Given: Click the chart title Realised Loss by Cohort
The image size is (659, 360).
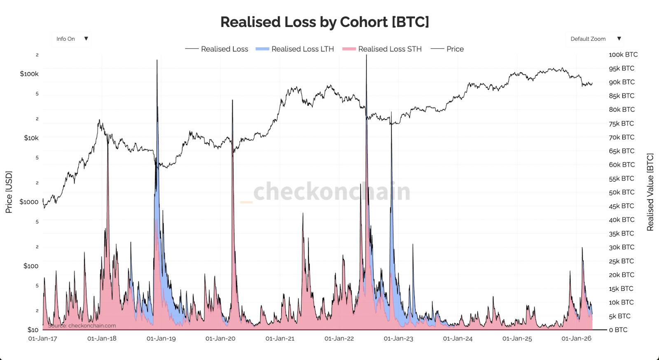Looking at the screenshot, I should tap(325, 22).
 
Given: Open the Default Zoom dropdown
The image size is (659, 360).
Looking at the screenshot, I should tap(595, 39).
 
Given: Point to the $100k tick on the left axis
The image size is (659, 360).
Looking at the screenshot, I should tap(29, 74).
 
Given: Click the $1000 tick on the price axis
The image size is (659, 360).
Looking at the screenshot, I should tap(29, 202).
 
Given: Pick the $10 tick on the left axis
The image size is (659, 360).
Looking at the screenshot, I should tap(33, 330).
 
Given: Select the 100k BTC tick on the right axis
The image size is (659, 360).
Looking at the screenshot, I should tap(623, 54).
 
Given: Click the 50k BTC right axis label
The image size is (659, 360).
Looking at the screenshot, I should tap(622, 192).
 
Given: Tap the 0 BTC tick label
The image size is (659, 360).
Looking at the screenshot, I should tap(618, 330).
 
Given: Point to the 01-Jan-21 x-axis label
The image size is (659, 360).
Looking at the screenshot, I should tap(280, 339).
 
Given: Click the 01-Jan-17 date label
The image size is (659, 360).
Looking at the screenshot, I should tap(42, 339).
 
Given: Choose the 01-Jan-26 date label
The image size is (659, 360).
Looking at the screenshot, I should tap(576, 339).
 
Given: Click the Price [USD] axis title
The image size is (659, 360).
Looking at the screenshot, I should tap(9, 192).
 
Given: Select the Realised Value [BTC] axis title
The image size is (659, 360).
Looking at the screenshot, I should tap(650, 192).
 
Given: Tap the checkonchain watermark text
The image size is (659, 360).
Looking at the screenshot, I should tap(332, 192).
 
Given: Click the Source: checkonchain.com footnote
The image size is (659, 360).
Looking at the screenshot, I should tap(82, 325).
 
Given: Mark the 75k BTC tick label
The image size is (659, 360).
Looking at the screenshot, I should tap(622, 123).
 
